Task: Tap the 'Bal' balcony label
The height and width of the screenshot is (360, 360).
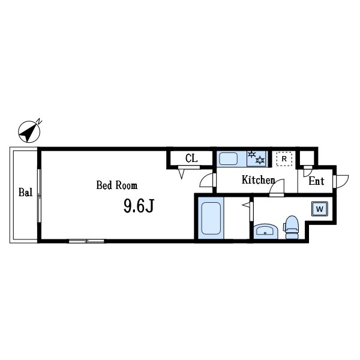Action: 25,193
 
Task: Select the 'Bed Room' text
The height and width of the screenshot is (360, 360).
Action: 117,185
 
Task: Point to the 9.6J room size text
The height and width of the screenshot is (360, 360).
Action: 139,207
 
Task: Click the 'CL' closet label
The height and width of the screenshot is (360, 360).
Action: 191,158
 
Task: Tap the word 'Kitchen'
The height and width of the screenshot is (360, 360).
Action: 258,180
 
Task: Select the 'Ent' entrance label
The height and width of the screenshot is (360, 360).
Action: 316,181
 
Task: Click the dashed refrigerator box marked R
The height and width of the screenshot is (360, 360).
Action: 283,159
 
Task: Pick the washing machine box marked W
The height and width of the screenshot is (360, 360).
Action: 319,209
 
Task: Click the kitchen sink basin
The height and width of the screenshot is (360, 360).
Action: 229,158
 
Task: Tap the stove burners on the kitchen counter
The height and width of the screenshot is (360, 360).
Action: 256,158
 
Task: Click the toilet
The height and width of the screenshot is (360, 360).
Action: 292,227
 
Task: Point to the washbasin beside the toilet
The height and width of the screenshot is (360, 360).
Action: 265,231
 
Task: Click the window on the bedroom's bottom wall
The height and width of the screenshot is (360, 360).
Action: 86,241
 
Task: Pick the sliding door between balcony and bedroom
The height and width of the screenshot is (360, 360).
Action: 40,195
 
